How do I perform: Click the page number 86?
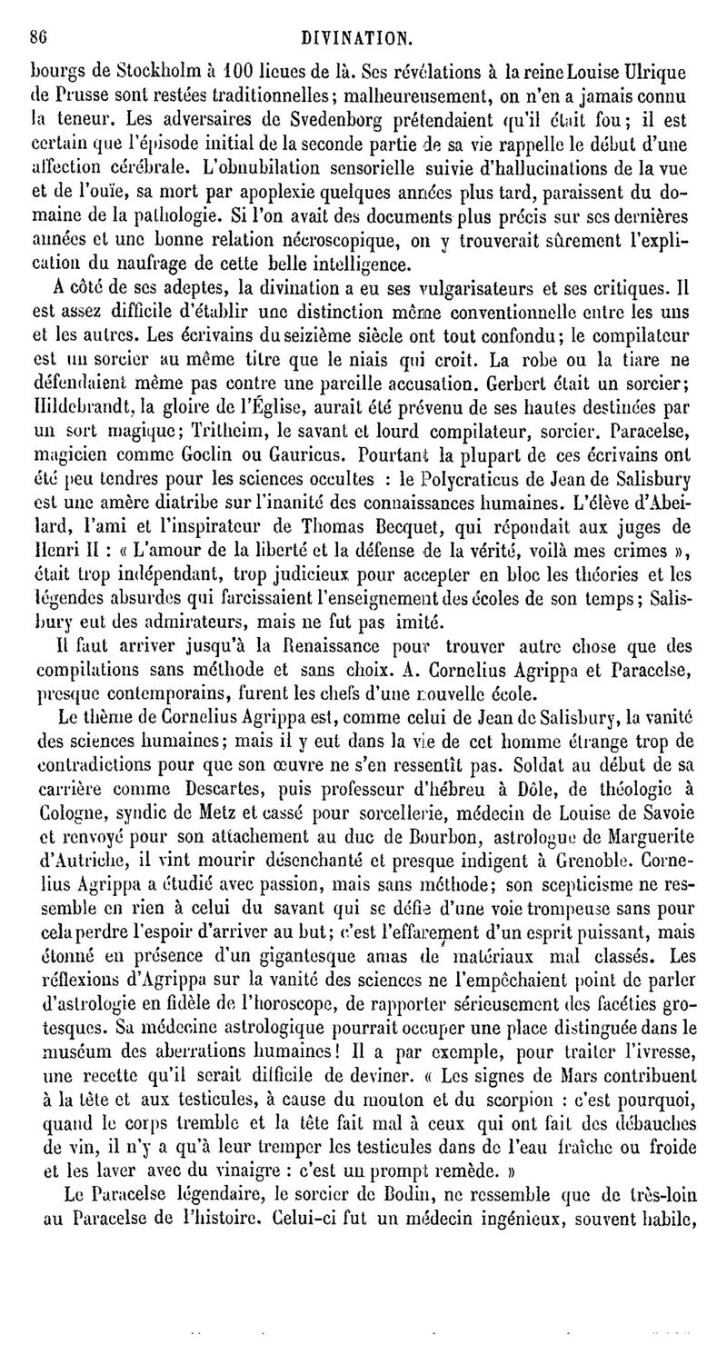37,38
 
